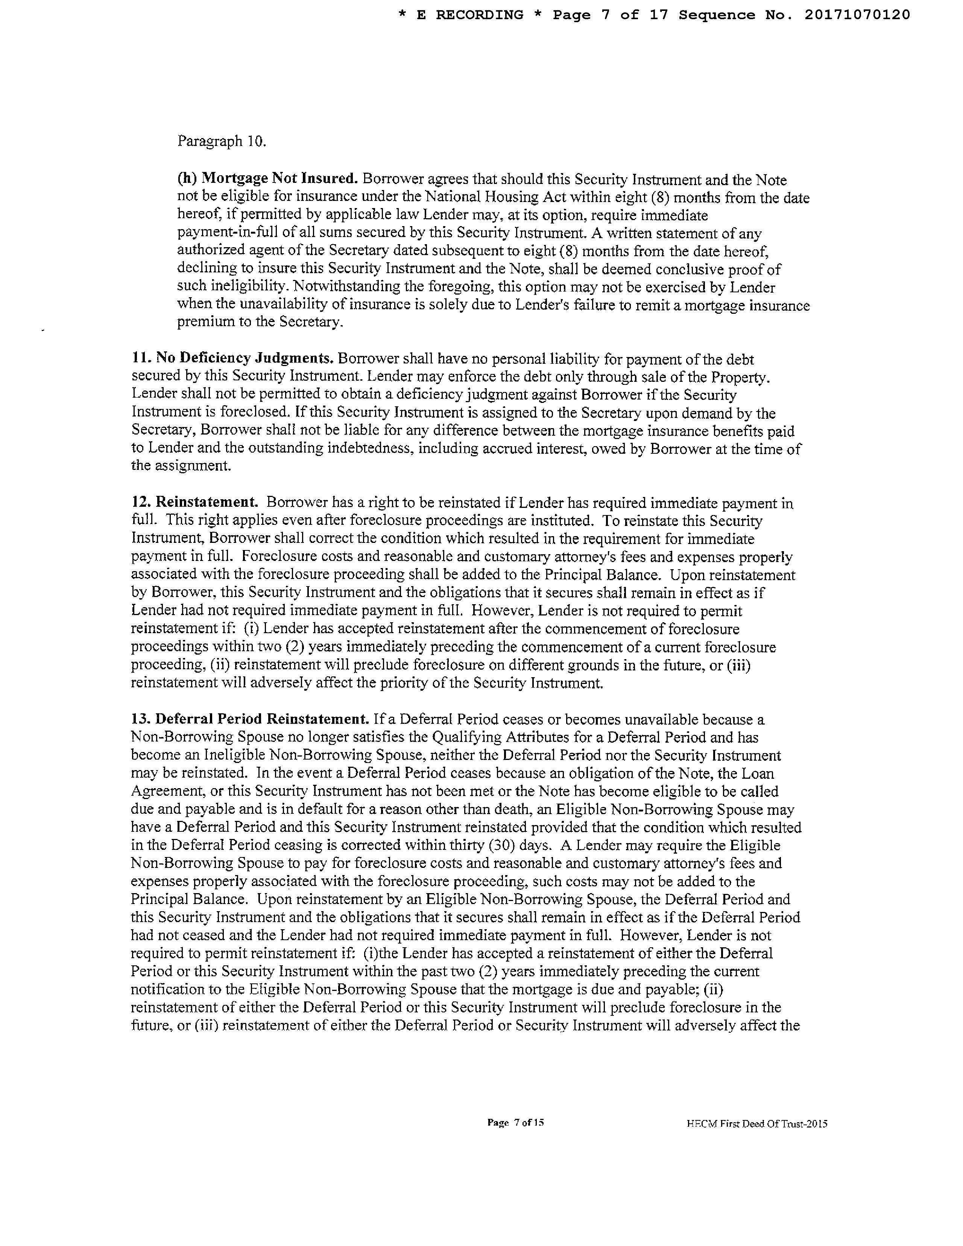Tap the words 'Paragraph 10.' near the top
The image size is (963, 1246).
pos(221,141)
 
